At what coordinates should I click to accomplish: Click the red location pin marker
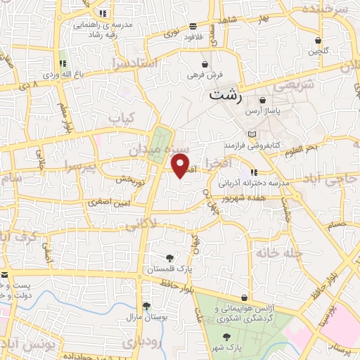(181, 165)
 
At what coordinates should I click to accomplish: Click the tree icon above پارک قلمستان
(169, 257)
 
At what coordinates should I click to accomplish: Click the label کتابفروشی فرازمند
(252, 143)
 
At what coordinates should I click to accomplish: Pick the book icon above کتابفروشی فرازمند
(252, 133)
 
